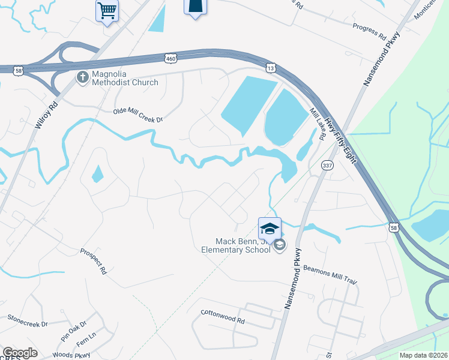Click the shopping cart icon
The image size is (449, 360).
107,10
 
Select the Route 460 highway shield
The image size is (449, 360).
170,57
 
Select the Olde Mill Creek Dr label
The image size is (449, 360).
138,115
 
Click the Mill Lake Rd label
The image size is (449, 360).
318,124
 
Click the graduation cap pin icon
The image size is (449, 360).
270,228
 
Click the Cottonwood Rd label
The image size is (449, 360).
223,316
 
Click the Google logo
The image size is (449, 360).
19,353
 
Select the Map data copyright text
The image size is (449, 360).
423,355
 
